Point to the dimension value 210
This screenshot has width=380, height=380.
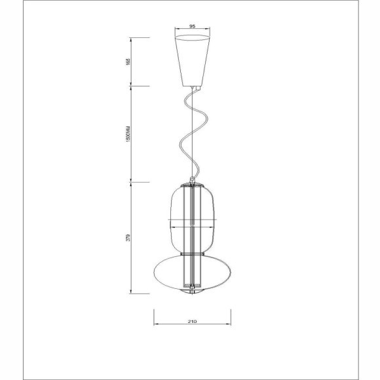pos(193,322)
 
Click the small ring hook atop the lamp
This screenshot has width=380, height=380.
pos(192,179)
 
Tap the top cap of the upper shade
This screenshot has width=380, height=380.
pos(193,185)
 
